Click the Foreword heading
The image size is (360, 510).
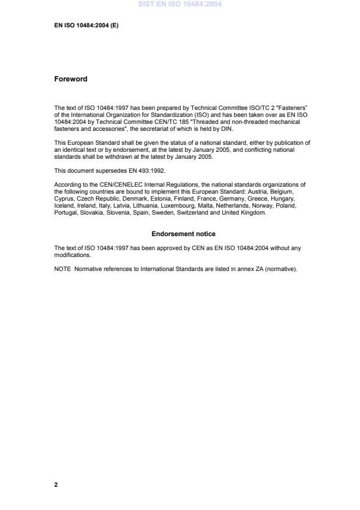[70, 79]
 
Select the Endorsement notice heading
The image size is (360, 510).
[183, 234]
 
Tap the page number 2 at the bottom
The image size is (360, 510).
[56, 484]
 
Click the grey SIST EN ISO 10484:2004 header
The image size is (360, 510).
[180, 5]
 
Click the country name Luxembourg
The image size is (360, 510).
[182, 205]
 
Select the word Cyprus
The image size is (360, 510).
[64, 198]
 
